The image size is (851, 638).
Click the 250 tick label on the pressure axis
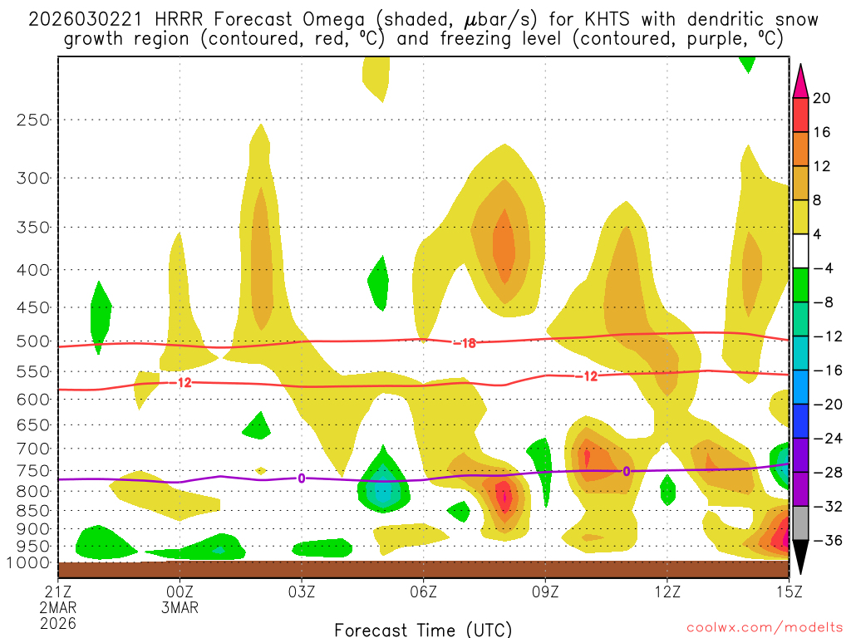pyautogui.click(x=33, y=120)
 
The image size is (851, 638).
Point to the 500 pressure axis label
pyautogui.click(x=33, y=341)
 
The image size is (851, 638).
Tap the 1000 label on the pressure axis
pyautogui.click(x=29, y=562)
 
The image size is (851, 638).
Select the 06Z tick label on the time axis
pyautogui.click(x=424, y=591)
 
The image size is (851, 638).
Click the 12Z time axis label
pyautogui.click(x=667, y=591)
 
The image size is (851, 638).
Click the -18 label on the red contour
pyautogui.click(x=464, y=343)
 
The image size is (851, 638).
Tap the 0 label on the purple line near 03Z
pyautogui.click(x=302, y=478)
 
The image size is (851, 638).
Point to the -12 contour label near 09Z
pyautogui.click(x=587, y=376)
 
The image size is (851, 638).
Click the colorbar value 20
pyautogui.click(x=822, y=98)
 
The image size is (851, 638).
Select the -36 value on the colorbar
pyautogui.click(x=824, y=540)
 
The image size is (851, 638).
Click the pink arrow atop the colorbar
pyautogui.click(x=799, y=81)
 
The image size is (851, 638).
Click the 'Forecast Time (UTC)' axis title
pyautogui.click(x=423, y=629)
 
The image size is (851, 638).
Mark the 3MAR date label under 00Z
pyautogui.click(x=180, y=607)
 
